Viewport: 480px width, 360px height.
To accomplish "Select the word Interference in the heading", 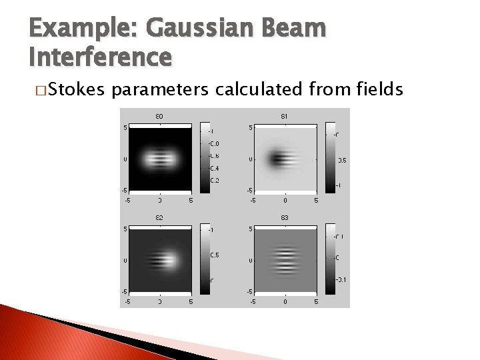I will pos(100,57).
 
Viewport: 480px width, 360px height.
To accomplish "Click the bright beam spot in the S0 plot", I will pos(159,159).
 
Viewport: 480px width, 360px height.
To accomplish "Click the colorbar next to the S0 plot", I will pos(204,159).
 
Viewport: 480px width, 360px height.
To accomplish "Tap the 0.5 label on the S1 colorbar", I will pos(341,160).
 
